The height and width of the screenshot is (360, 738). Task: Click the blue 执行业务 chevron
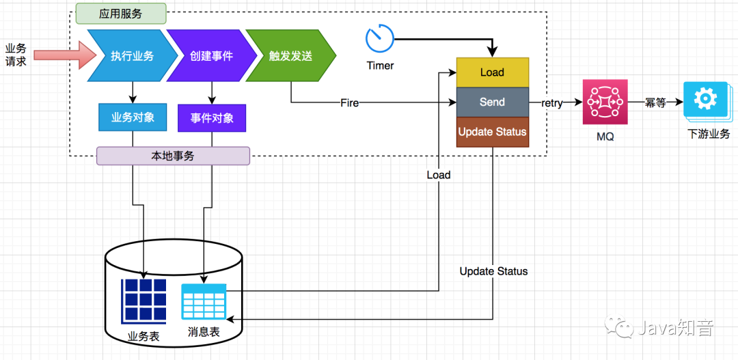(x=130, y=55)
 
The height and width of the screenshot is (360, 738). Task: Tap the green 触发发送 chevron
(x=289, y=55)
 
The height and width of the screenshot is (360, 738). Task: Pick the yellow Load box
(x=492, y=72)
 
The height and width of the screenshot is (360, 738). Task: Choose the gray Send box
(x=492, y=102)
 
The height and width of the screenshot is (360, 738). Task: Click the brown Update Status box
(x=492, y=131)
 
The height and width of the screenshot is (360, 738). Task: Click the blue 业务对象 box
(x=133, y=117)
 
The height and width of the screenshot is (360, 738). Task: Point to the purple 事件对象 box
(x=211, y=118)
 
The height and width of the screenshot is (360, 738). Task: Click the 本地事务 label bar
(x=173, y=156)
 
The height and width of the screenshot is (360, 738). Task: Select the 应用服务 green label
(x=120, y=13)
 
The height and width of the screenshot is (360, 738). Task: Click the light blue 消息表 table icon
(x=204, y=301)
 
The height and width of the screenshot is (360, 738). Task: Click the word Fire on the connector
(x=349, y=103)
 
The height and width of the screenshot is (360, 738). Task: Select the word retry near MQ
(x=552, y=103)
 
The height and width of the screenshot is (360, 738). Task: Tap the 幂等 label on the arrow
(x=655, y=102)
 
